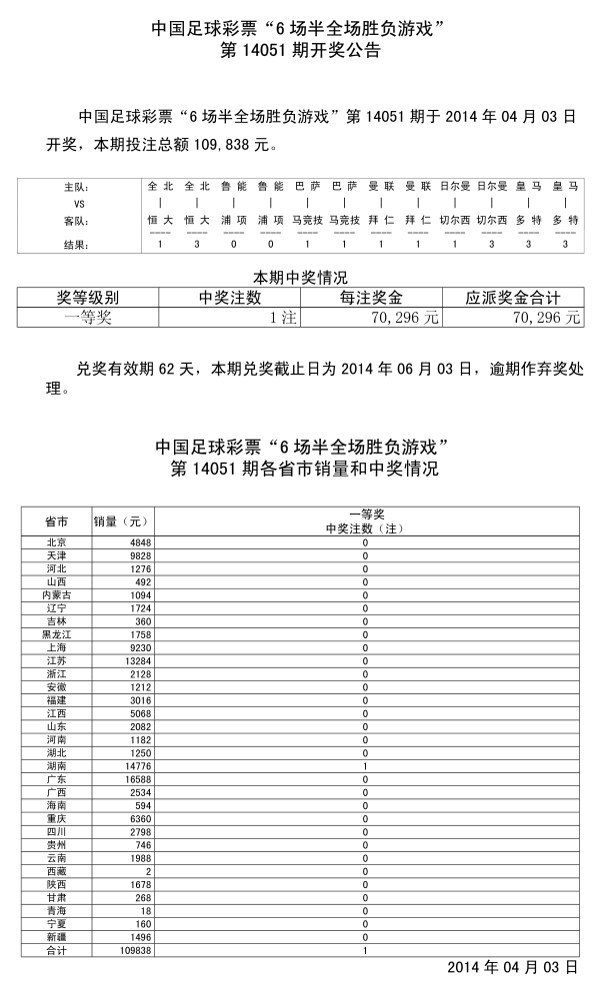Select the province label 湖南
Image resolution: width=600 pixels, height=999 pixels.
[56, 765]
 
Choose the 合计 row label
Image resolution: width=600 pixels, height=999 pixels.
[56, 951]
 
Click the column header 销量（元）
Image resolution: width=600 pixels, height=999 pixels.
[121, 521]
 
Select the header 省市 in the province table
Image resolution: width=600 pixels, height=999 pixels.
[56, 521]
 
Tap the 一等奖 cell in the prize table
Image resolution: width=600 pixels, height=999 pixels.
[88, 317]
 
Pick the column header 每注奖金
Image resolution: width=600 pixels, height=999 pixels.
[372, 298]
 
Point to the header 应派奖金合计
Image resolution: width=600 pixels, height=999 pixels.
[513, 298]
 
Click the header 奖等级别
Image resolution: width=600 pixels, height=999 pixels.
[88, 298]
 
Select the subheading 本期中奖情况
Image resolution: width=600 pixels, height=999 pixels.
[300, 278]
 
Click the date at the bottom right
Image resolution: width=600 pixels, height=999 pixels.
[511, 967]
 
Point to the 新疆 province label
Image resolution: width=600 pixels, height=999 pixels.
[56, 937]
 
